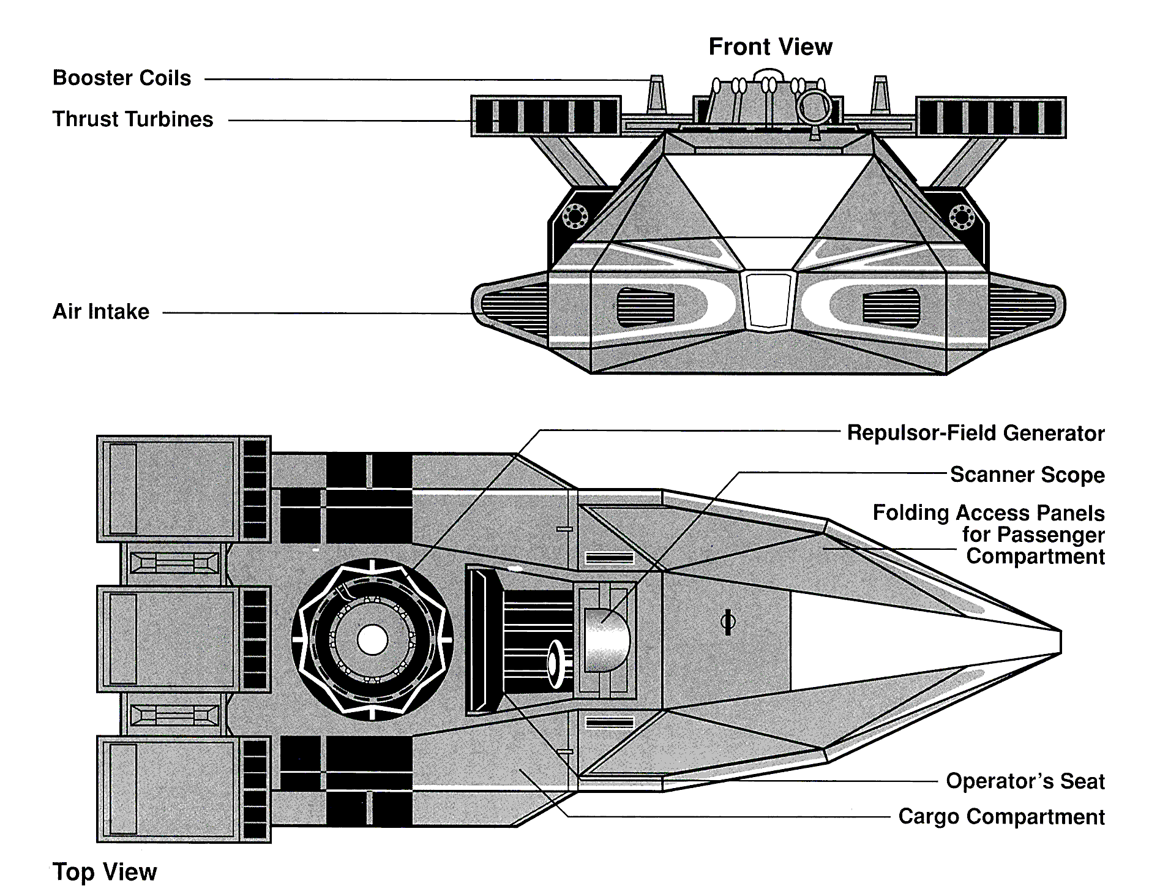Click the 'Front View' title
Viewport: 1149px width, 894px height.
[770, 47]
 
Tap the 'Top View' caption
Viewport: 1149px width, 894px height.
[105, 871]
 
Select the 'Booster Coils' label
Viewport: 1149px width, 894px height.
[122, 78]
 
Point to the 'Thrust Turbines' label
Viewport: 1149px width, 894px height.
[133, 119]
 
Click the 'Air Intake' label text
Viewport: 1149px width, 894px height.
[101, 312]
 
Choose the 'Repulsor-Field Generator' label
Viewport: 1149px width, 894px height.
[975, 434]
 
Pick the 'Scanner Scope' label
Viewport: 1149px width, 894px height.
[1027, 475]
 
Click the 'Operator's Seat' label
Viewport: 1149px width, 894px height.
[1025, 781]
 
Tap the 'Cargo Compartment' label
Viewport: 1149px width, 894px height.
[1001, 817]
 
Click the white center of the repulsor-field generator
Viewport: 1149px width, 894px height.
[372, 640]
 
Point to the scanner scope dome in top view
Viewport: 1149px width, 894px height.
[607, 640]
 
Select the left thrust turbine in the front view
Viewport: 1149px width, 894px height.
[545, 116]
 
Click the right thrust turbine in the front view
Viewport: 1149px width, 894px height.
[990, 117]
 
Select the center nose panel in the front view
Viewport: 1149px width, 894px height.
[769, 301]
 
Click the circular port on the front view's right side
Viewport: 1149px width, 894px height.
[961, 216]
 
